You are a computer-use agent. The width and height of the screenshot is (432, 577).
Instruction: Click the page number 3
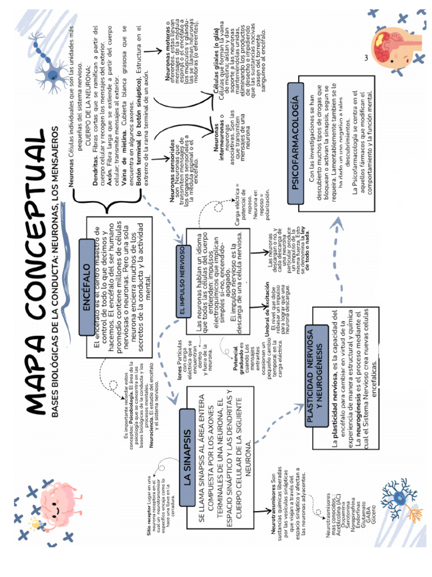366,58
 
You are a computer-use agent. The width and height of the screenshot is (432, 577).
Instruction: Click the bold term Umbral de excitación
267,309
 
